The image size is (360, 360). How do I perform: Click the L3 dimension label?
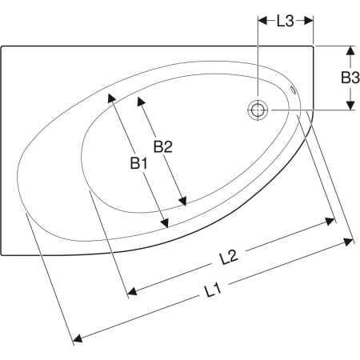coord(286,21)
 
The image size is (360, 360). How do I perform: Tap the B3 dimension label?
coord(350,78)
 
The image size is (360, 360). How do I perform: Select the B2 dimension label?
coord(163,146)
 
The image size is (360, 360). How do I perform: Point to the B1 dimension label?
coord(138,163)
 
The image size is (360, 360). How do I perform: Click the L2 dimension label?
coord(228,257)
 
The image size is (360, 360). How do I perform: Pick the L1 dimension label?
coord(213,290)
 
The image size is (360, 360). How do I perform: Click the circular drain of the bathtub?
coord(258,110)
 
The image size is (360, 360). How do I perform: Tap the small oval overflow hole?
coord(293,90)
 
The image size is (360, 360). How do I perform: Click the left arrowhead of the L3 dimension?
coord(262,21)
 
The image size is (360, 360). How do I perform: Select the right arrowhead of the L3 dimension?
coord(309,21)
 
